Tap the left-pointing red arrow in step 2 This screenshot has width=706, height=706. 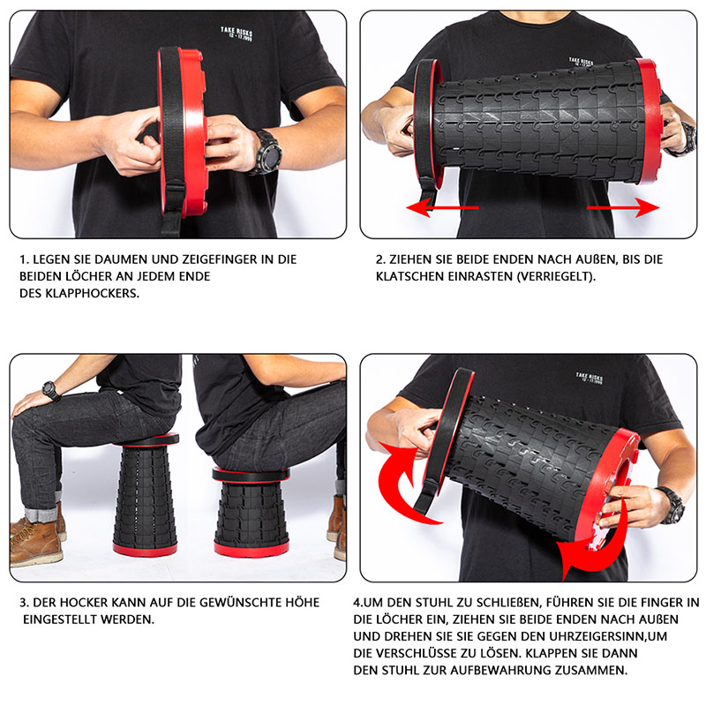pos(442,207)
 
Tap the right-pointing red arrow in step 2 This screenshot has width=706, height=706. pos(623,207)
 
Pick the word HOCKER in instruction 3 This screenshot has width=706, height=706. pos(84,603)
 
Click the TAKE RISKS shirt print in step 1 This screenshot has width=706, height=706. pos(237,34)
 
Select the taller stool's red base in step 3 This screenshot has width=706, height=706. pos(145,549)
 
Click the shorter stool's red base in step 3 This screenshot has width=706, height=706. pos(252,549)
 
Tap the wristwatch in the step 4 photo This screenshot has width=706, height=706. pos(672,505)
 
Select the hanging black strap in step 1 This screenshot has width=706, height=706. pos(172,207)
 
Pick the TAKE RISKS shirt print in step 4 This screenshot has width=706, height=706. pos(589,378)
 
